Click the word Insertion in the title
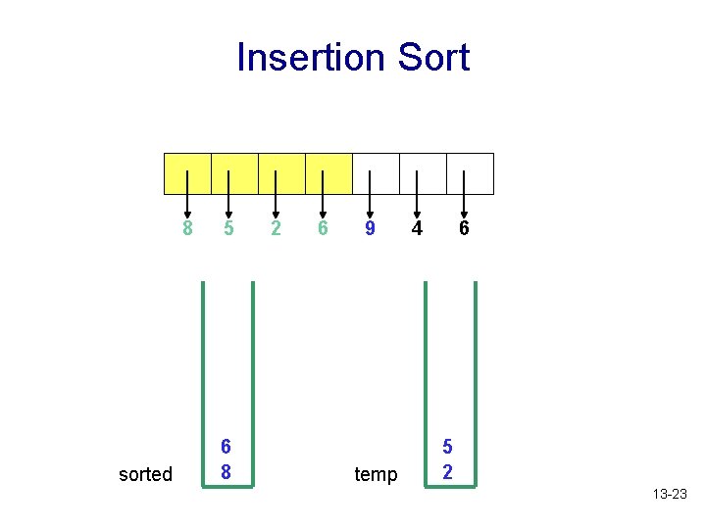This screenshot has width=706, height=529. (x=311, y=58)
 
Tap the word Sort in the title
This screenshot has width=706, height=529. (x=431, y=58)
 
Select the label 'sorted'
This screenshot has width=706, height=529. (x=145, y=475)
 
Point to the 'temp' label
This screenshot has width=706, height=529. (x=376, y=475)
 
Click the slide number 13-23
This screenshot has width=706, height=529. (x=670, y=495)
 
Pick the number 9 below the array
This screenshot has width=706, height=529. (x=370, y=229)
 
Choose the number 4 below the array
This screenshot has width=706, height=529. (x=417, y=229)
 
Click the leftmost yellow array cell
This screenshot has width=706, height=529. (x=187, y=173)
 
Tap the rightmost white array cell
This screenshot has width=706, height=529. (x=470, y=173)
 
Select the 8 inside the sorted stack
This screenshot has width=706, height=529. (x=226, y=471)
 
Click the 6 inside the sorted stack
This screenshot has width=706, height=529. (x=226, y=448)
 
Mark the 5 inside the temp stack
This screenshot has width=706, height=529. (x=448, y=448)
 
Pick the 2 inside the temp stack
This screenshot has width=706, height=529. (x=448, y=471)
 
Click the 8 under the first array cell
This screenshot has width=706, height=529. (x=187, y=229)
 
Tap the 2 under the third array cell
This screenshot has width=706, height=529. (x=276, y=229)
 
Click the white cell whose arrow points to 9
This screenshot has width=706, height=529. (x=376, y=173)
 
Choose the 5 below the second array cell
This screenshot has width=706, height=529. (x=228, y=229)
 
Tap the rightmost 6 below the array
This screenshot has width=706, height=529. (x=464, y=229)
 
